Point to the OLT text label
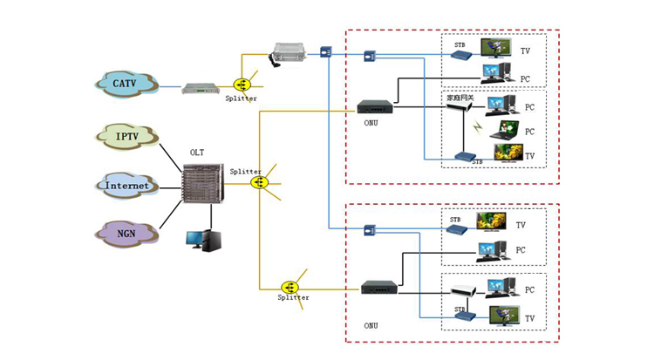click(x=198, y=153)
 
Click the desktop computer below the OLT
click(x=208, y=240)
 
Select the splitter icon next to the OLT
click(x=259, y=182)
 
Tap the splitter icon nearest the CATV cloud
click(x=242, y=85)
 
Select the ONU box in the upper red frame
click(x=378, y=107)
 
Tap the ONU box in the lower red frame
click(x=382, y=287)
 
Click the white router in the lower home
click(x=463, y=288)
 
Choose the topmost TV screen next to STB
click(x=497, y=46)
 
